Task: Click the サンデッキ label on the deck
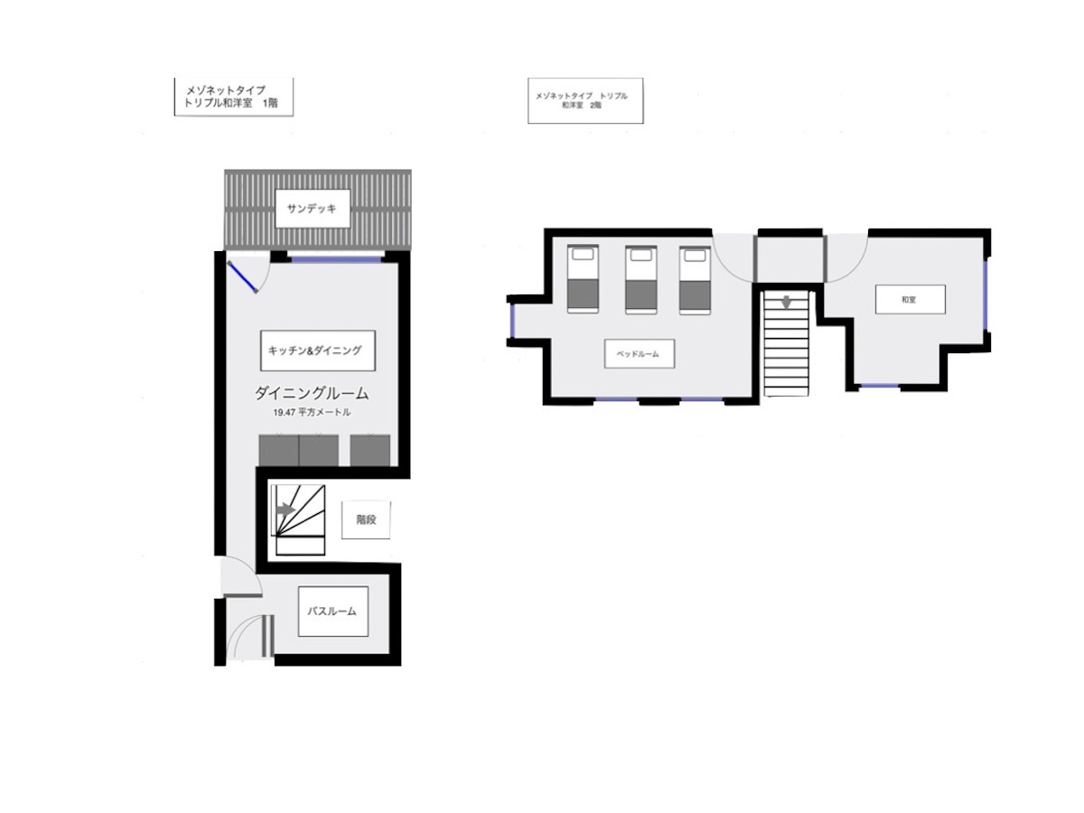pyautogui.click(x=313, y=209)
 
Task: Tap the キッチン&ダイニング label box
pyautogui.click(x=318, y=350)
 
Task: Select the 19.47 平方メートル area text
pyautogui.click(x=313, y=413)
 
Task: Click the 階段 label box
pyautogui.click(x=366, y=519)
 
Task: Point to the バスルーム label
pyautogui.click(x=332, y=612)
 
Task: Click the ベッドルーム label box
pyautogui.click(x=639, y=353)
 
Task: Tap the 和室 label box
pyautogui.click(x=911, y=299)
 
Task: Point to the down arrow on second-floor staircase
pyautogui.click(x=786, y=302)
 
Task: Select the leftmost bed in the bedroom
pyautogui.click(x=583, y=279)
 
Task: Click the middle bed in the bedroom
pyautogui.click(x=641, y=280)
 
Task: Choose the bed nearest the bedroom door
pyautogui.click(x=695, y=280)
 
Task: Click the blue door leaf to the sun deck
pyautogui.click(x=242, y=277)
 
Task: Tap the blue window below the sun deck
pyautogui.click(x=336, y=258)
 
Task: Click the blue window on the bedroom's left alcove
pyautogui.click(x=512, y=321)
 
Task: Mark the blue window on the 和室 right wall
pyautogui.click(x=986, y=294)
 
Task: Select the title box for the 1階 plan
pyautogui.click(x=234, y=97)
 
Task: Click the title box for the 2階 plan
pyautogui.click(x=585, y=100)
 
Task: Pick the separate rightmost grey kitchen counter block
pyautogui.click(x=370, y=450)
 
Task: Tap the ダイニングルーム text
pyautogui.click(x=312, y=393)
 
